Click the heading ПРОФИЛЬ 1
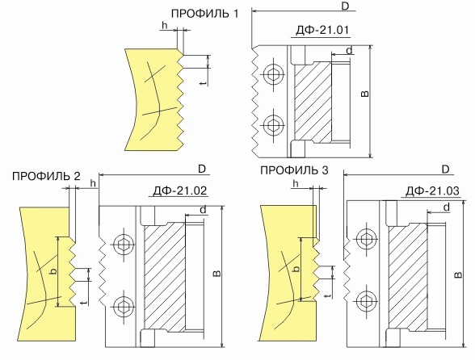pos(205,14)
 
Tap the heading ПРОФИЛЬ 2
pos(46,176)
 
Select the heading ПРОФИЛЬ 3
pos(294,170)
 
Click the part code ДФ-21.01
pos(322,30)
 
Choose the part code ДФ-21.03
pos(432,191)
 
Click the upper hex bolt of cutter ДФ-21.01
pos(273,74)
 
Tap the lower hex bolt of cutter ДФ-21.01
pos(273,125)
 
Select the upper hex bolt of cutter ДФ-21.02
pos(124,244)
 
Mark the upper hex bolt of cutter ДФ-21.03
pos(367,239)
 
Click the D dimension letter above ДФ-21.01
pos(345,6)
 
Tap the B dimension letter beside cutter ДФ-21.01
pos(366,94)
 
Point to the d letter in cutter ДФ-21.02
pos(203,210)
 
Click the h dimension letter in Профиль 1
pos(165,26)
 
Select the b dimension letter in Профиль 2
pos(53,271)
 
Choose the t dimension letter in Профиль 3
pos(327,295)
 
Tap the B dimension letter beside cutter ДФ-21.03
pos(459,274)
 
